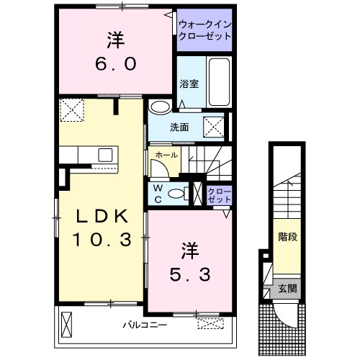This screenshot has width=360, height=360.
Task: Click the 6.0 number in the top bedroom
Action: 115,63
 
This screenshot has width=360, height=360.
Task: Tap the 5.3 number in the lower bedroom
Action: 190,274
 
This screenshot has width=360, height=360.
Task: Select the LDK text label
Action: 101,216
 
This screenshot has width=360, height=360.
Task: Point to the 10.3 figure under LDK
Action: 101,238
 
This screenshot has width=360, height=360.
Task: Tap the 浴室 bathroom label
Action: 189,84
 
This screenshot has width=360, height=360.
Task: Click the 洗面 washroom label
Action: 179,127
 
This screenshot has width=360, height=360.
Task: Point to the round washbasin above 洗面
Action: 161,107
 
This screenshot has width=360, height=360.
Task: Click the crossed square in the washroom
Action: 214,127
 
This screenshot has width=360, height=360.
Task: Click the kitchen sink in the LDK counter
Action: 105,154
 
